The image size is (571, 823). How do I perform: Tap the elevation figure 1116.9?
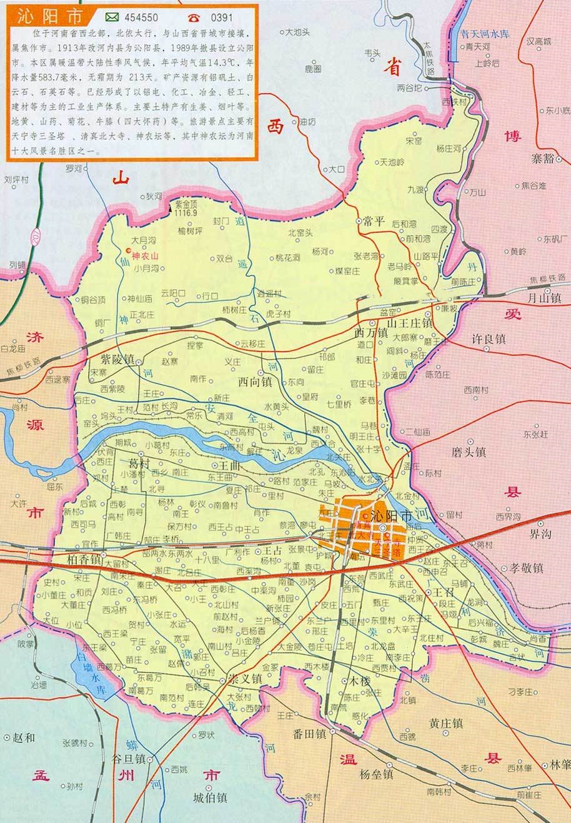[x=186, y=213]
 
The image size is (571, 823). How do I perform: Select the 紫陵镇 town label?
[x=117, y=360]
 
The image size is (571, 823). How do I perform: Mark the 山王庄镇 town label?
[x=410, y=323]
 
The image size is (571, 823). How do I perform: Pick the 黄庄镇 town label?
[x=445, y=723]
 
